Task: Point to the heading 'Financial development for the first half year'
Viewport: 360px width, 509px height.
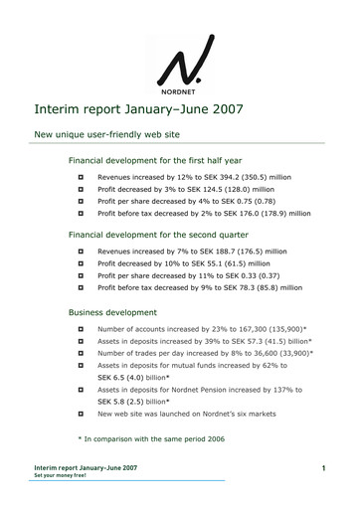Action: click(159, 159)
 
